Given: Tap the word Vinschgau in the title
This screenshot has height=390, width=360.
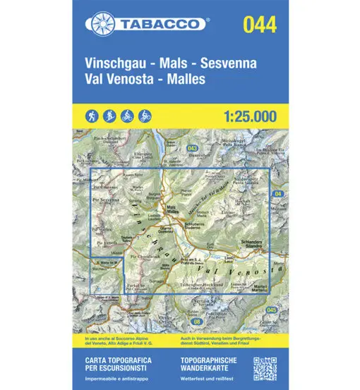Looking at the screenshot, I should pyautogui.click(x=114, y=62).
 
